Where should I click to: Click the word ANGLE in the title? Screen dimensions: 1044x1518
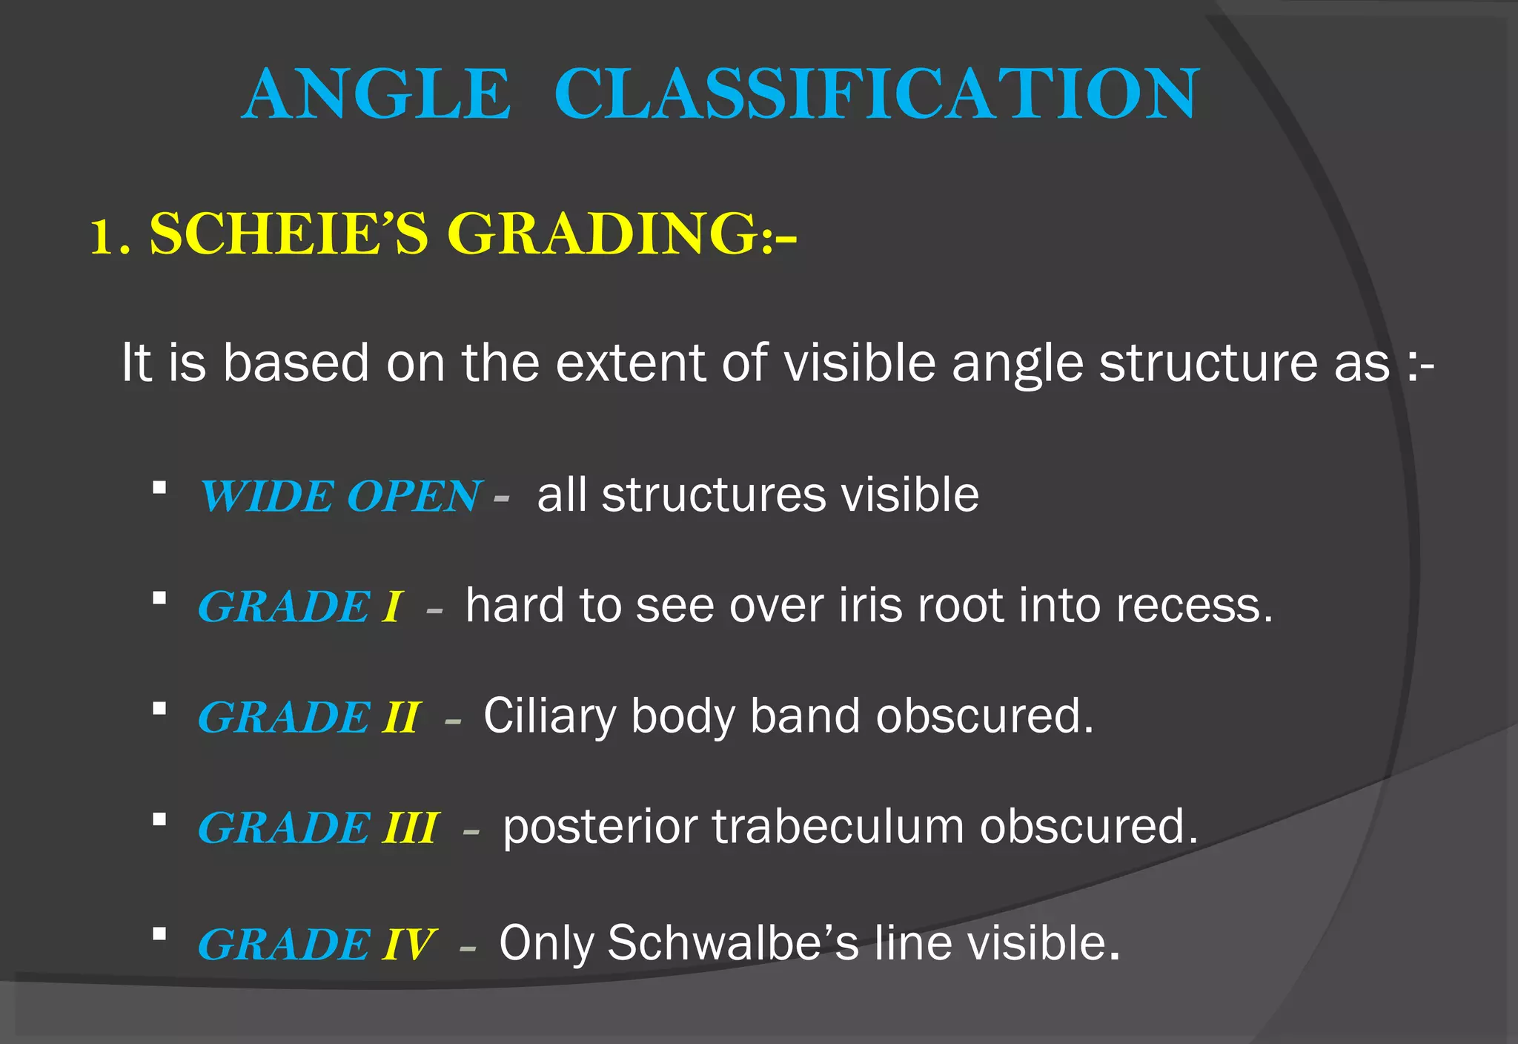[377, 94]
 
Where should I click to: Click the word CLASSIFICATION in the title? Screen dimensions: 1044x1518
[876, 94]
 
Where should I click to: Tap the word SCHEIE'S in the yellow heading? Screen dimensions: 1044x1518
[289, 234]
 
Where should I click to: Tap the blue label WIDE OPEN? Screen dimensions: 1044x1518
[341, 496]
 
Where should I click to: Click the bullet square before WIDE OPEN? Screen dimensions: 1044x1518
[159, 488]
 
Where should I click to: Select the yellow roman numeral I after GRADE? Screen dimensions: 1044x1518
[393, 607]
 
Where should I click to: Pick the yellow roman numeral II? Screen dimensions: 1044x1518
[402, 717]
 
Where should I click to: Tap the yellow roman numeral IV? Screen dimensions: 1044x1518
[408, 945]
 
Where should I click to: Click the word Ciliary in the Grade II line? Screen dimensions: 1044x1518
[549, 717]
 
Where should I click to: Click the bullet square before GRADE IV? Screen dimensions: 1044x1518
[159, 934]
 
